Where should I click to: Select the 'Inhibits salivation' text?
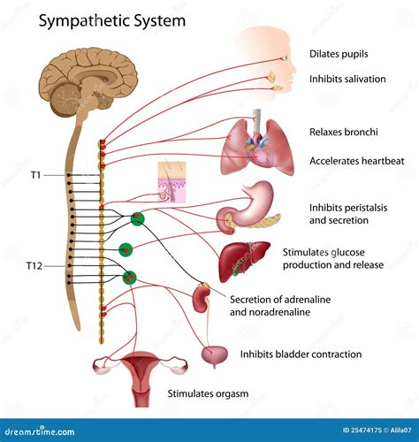pyautogui.click(x=347, y=79)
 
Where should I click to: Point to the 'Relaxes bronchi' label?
pyautogui.click(x=344, y=132)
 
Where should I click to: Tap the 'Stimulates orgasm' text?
pyautogui.click(x=208, y=393)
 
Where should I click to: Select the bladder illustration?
pyautogui.click(x=212, y=354)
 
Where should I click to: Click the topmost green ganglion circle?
pyautogui.click(x=137, y=219)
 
